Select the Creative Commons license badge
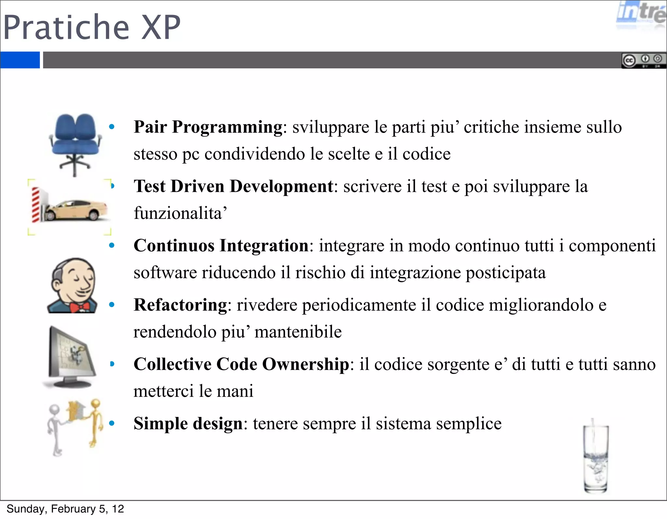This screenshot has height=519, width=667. click(644, 61)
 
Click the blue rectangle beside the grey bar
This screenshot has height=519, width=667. click(20, 60)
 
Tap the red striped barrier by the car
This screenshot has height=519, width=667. click(35, 205)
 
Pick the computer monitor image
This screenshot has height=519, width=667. click(70, 357)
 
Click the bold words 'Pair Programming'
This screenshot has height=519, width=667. click(208, 127)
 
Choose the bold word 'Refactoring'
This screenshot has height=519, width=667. click(180, 305)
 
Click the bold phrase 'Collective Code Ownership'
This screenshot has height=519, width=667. click(241, 364)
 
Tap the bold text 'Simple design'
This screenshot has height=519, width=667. click(188, 424)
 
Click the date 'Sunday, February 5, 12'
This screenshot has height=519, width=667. click(65, 509)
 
